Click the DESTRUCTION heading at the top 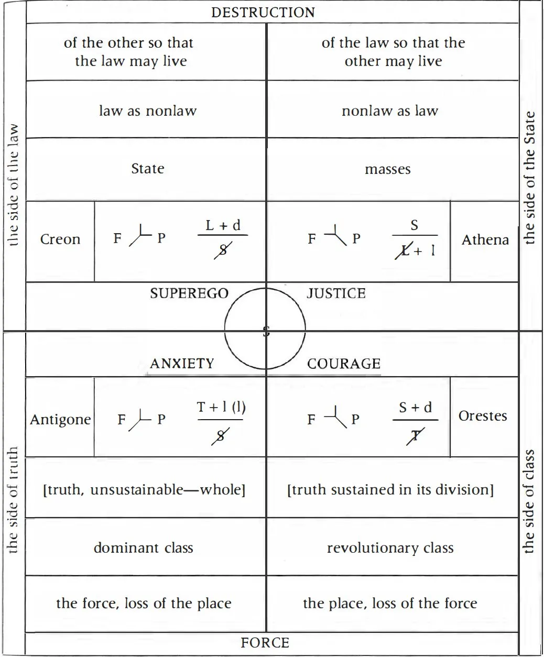point(263,13)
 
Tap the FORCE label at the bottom point(265,642)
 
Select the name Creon point(60,239)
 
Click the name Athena point(485,240)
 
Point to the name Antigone point(60,420)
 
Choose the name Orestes point(483,415)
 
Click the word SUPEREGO point(189,293)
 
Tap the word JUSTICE point(336,293)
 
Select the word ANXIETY point(182,364)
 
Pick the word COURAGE point(344,364)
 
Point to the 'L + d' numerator point(223,225)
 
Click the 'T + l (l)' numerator point(221,407)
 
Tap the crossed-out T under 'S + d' point(416,436)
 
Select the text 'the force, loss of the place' point(144,604)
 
